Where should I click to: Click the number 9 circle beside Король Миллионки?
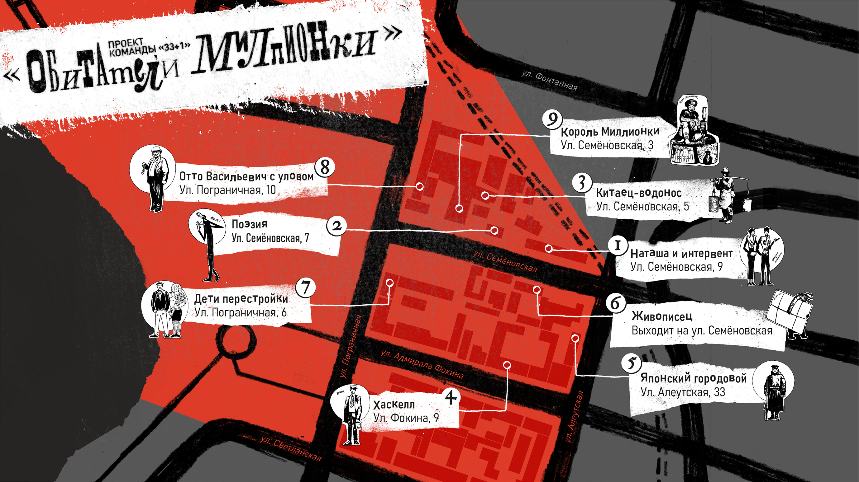coord(552,119)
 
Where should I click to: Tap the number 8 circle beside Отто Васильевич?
coord(325,167)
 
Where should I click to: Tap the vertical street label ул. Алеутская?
coord(575,417)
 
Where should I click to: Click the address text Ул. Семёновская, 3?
coord(607,146)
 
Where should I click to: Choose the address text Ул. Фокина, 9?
coord(406,418)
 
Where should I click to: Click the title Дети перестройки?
coord(241,299)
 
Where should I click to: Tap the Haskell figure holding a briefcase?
coord(351,415)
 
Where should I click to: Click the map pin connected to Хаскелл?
coord(507,365)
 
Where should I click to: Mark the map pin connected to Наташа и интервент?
coord(549,248)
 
